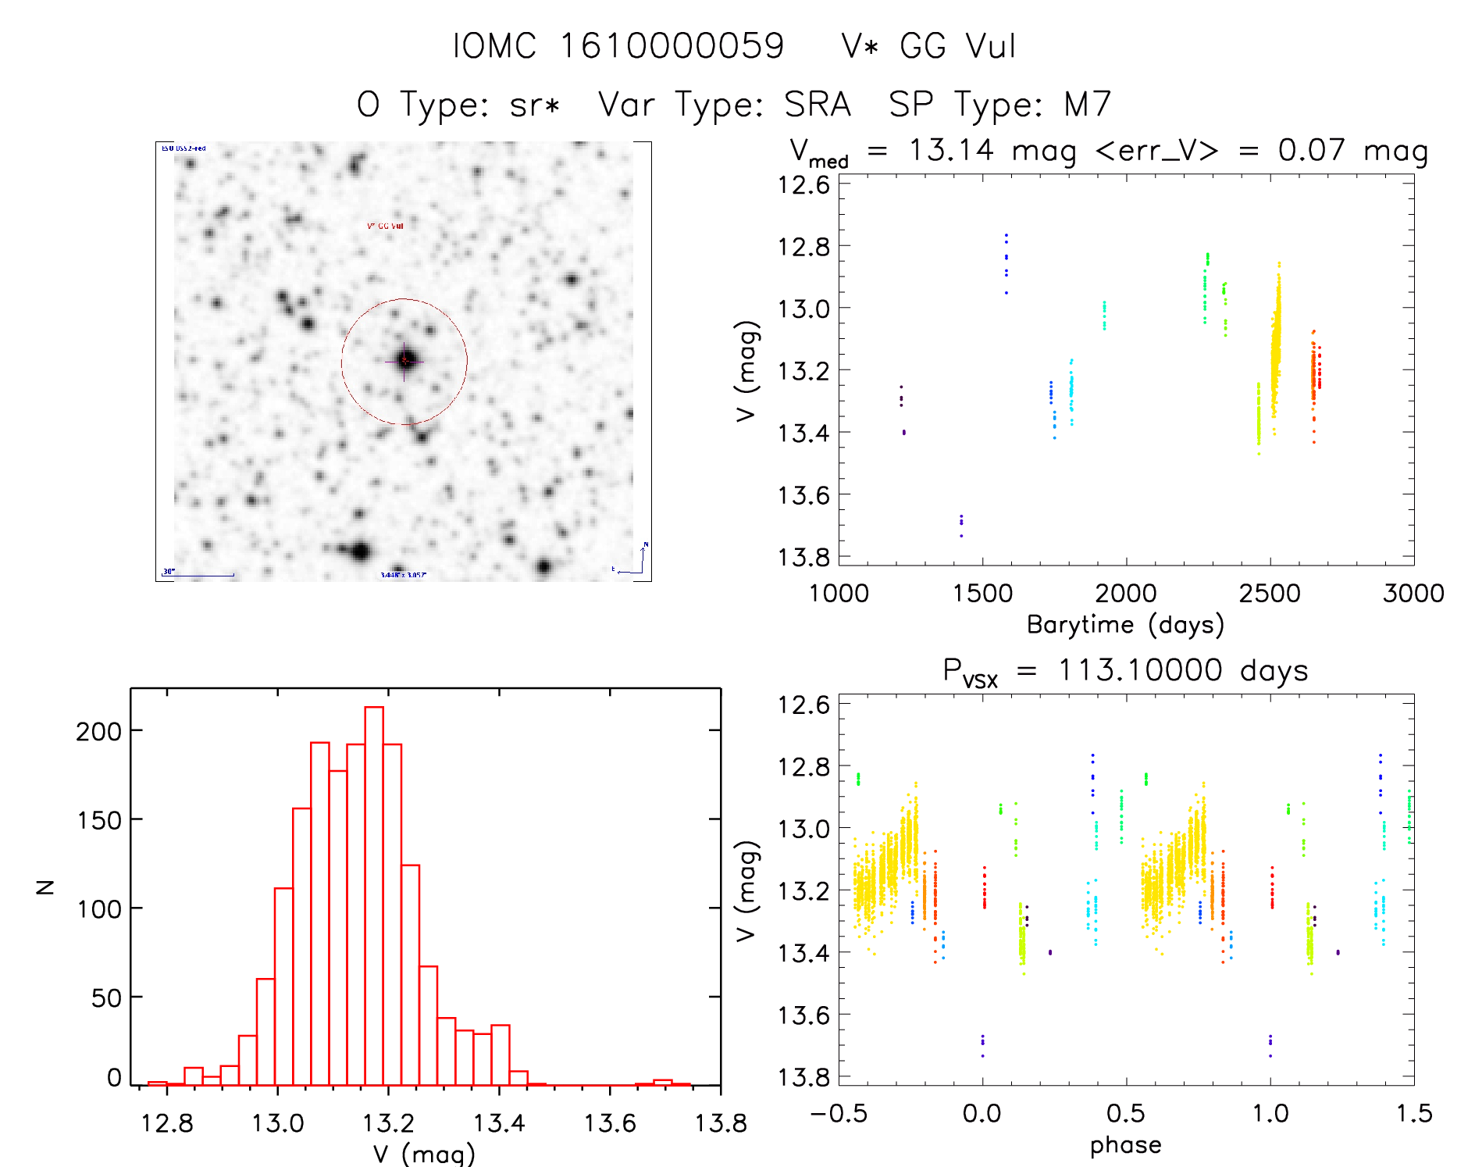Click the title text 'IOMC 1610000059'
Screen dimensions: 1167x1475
(618, 46)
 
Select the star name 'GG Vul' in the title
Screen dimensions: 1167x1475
(957, 46)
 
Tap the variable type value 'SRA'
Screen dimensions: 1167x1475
(817, 104)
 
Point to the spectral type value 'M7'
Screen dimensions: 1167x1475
(1087, 104)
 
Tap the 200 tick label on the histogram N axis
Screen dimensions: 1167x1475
(99, 732)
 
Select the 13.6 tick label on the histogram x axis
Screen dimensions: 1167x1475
(610, 1123)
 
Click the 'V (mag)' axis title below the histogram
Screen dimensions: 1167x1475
(424, 1154)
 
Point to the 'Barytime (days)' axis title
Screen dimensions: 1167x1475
(1125, 625)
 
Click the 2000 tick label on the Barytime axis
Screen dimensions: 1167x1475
(1125, 594)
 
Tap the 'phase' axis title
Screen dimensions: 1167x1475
(1125, 1145)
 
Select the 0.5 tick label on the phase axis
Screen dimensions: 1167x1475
(1125, 1114)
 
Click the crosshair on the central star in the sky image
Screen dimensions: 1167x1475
(404, 360)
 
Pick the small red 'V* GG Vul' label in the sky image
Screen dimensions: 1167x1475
(385, 227)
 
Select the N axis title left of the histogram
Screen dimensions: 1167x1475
(46, 887)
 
